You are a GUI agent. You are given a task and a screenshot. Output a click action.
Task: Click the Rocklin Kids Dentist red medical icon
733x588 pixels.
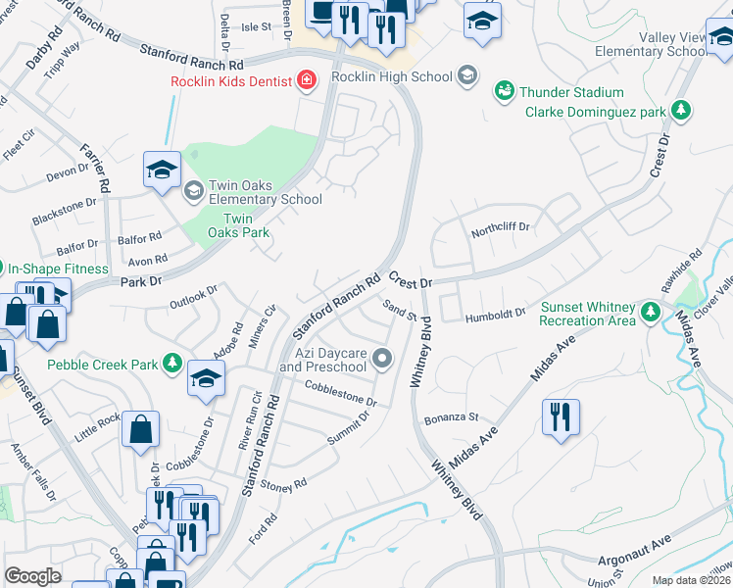pyautogui.click(x=308, y=80)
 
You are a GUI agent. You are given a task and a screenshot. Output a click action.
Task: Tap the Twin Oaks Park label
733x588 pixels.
pyautogui.click(x=245, y=226)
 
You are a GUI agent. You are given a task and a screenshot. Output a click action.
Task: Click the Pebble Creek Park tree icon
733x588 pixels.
pyautogui.click(x=173, y=365)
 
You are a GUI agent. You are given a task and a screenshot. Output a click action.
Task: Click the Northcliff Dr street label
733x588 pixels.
pyautogui.click(x=500, y=227)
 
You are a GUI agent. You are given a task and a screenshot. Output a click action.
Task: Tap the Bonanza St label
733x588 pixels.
pyautogui.click(x=451, y=418)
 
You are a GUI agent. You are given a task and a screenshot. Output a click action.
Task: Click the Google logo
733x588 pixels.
pyautogui.click(x=32, y=576)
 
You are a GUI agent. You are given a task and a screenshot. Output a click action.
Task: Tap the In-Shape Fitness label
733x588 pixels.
pyautogui.click(x=59, y=268)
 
